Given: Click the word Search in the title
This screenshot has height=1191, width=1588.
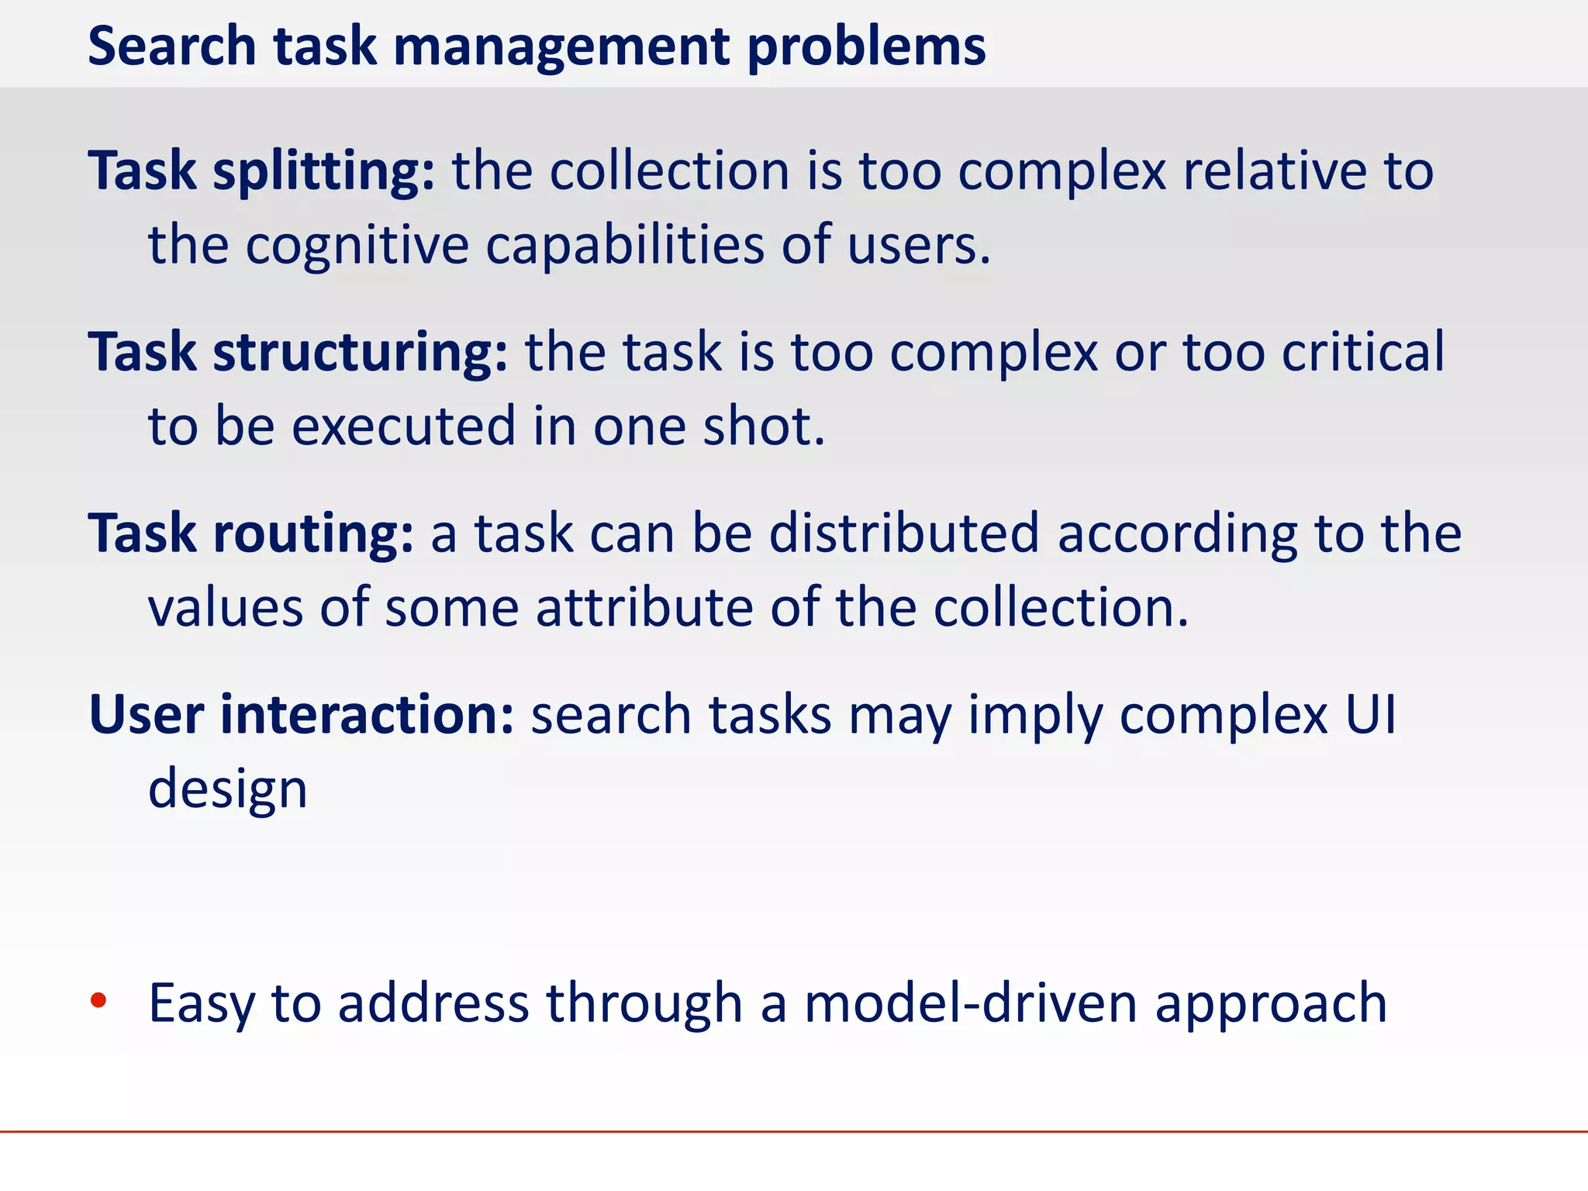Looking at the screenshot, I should (x=171, y=47).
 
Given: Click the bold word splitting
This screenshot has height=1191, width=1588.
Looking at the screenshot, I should (x=324, y=172).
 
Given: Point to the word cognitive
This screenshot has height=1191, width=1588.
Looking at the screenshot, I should (x=357, y=247).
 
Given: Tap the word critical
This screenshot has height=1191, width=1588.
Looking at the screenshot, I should (x=1362, y=352).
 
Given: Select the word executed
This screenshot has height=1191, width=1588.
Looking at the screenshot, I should (x=403, y=426).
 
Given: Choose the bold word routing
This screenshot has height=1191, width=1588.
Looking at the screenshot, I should (x=313, y=535).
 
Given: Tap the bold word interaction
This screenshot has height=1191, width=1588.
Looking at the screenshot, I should (x=367, y=714).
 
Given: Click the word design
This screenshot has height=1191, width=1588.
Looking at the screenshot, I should (x=228, y=789).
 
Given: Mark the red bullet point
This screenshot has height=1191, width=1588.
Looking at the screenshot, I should (x=98, y=1001).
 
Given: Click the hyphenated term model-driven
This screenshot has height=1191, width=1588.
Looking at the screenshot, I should (x=969, y=1003).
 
